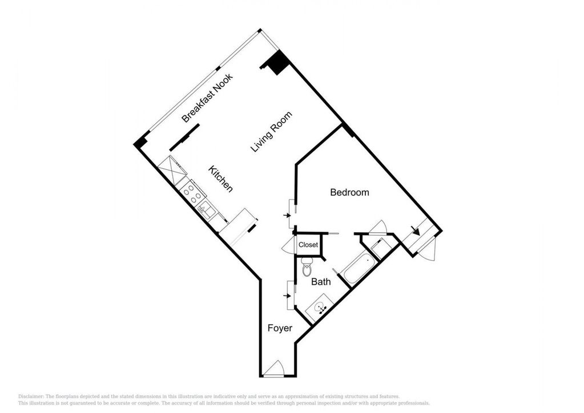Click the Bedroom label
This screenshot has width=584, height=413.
point(350,192)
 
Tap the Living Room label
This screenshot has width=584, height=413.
point(271,132)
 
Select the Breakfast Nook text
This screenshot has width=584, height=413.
point(207,98)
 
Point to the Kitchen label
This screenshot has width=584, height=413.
point(220,179)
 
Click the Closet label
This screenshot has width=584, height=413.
point(308,245)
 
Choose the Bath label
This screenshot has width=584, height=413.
point(321,282)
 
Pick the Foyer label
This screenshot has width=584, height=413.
point(280,328)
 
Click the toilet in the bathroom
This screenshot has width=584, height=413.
point(307,266)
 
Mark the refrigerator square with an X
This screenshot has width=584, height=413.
point(172,169)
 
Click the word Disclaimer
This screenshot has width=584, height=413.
point(30,396)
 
